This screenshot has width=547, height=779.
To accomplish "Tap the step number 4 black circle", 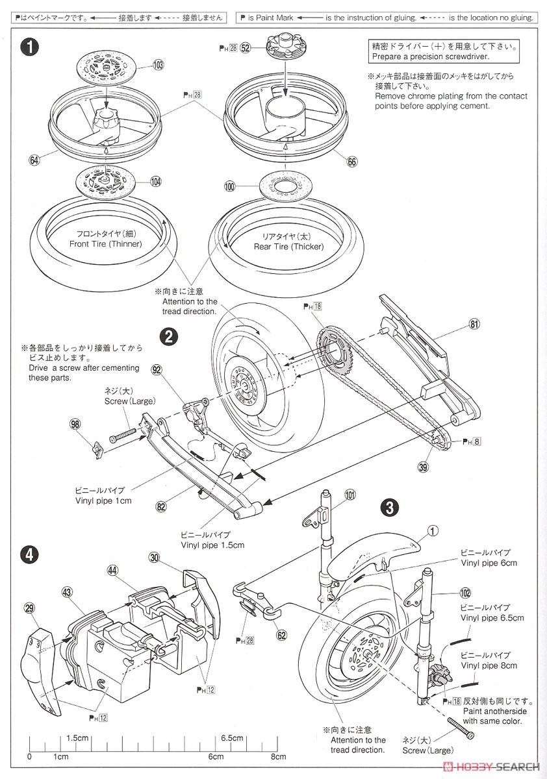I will pos(28,554).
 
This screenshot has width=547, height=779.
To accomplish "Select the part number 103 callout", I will pos(159,65).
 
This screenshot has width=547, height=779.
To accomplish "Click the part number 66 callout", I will pos(351,162).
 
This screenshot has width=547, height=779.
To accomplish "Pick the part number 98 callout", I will pos(76,425).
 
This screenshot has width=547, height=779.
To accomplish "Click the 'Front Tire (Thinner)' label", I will pos(105,239).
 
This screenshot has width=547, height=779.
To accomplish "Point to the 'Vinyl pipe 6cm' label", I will pos(488,558).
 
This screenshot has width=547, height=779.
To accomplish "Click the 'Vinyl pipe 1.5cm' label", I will pos(212,540).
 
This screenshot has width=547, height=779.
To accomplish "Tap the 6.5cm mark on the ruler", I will pos(231,738).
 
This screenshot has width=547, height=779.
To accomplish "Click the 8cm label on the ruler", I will pos(278,757).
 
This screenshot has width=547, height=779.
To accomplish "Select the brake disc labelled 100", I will pos(285,186).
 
